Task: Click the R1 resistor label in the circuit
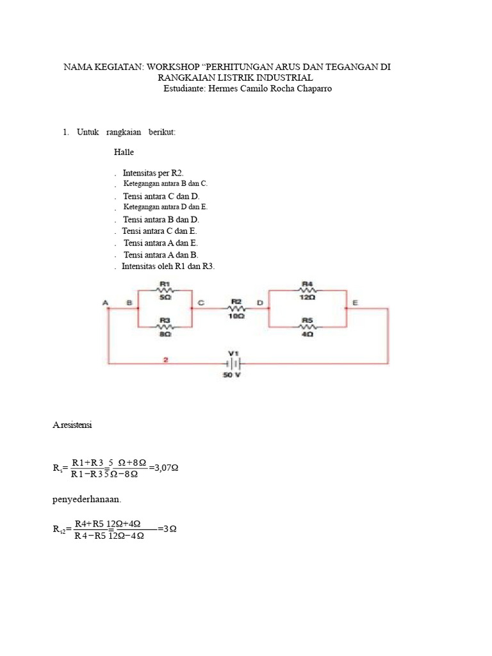(165, 284)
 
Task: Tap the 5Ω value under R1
(165, 297)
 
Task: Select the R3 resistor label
(165, 320)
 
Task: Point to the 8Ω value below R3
(165, 334)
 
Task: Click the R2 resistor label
(236, 302)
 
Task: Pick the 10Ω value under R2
(236, 316)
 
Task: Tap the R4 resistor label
(307, 284)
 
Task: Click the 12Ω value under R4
(307, 297)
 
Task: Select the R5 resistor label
(307, 320)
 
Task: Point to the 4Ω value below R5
(307, 334)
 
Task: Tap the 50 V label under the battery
(231, 375)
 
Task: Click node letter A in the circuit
(106, 302)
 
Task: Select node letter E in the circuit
(355, 302)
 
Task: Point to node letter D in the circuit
(260, 302)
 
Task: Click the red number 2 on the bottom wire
(166, 359)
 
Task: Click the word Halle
(124, 152)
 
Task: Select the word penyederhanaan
(86, 500)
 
